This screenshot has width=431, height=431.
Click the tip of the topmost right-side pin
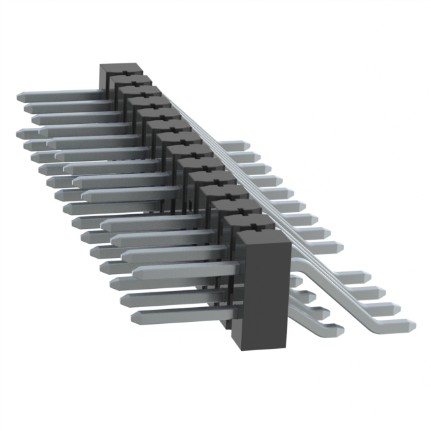[x=245, y=145]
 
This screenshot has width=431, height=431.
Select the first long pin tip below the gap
[x=368, y=277]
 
